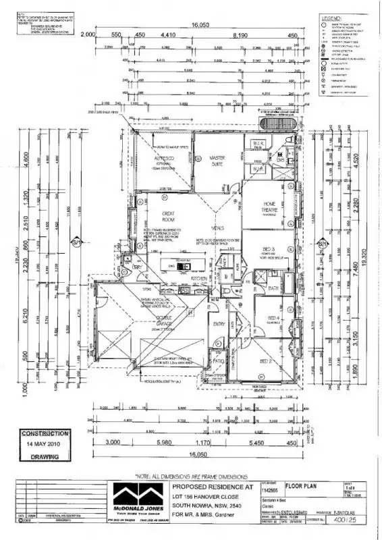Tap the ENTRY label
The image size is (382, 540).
coord(219,324)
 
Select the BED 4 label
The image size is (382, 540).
coord(273,318)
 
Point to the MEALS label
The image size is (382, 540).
coord(218,229)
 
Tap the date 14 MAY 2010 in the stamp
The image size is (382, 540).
coord(45,444)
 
